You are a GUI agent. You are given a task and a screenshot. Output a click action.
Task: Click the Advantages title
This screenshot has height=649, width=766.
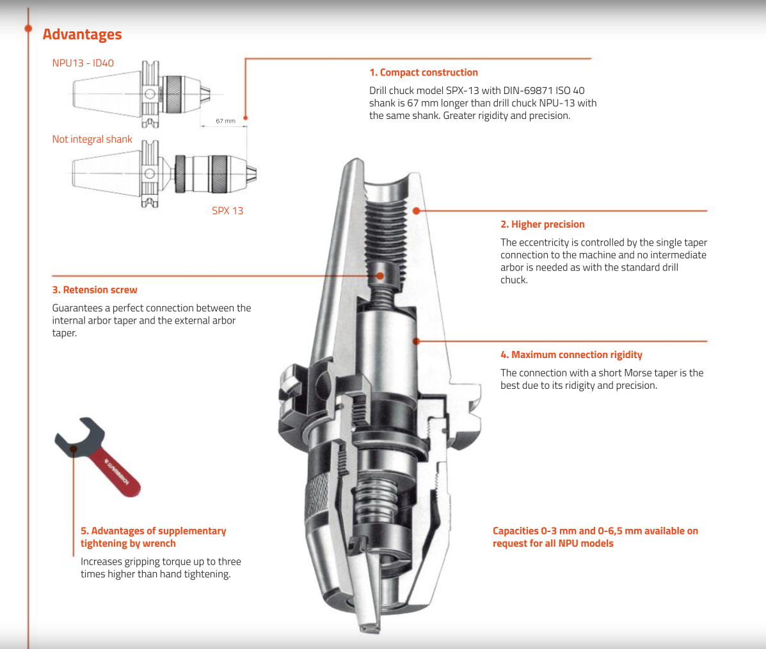click(82, 35)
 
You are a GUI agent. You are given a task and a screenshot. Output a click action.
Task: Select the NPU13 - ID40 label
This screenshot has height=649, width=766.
click(83, 63)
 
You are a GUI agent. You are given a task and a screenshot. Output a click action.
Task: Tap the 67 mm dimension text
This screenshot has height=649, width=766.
click(226, 121)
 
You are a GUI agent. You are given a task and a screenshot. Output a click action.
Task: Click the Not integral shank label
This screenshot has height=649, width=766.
click(92, 139)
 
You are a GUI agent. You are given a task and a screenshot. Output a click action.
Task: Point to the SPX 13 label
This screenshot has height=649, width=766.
click(228, 211)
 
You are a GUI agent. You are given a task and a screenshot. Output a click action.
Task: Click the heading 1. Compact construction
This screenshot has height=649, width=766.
click(424, 73)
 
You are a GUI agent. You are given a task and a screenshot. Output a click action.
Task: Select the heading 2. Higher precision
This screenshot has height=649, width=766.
click(542, 224)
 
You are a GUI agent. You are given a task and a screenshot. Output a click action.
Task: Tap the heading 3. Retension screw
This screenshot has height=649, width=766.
click(95, 290)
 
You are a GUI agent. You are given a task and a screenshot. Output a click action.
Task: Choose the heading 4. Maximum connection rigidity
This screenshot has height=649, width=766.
click(571, 355)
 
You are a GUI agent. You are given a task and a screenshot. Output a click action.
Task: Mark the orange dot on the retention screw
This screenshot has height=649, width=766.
click(380, 276)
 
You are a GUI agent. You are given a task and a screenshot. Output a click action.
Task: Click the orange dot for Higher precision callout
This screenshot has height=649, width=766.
click(416, 211)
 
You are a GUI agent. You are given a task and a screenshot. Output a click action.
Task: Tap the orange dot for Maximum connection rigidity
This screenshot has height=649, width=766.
click(416, 341)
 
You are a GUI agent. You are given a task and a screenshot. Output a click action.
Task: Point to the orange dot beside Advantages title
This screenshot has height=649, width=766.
click(28, 29)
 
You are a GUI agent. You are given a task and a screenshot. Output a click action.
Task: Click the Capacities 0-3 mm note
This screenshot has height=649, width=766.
click(595, 537)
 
